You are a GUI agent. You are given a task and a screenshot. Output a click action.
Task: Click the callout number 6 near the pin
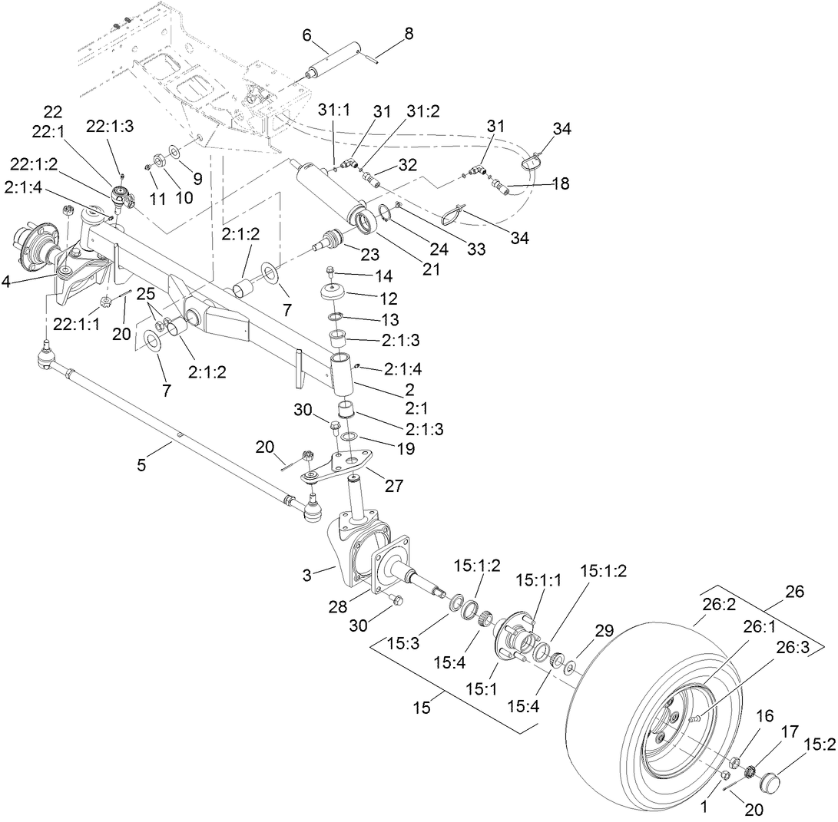306,35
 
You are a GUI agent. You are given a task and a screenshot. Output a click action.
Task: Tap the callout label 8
409,35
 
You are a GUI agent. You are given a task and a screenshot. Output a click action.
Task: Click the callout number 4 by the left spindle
6,281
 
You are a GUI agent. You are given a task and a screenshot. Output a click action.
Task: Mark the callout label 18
561,185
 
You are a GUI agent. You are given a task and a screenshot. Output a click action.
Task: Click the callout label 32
407,165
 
